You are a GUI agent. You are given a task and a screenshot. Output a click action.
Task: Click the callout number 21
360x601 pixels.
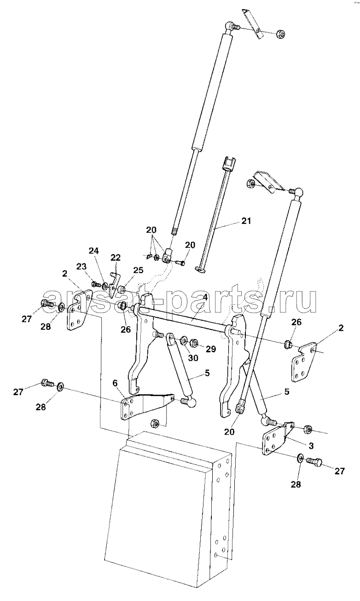pyautogui.click(x=246, y=221)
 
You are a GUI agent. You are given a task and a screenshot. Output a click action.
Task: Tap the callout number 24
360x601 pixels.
pyautogui.click(x=94, y=251)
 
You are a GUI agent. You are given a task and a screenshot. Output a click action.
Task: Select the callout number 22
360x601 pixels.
pyautogui.click(x=116, y=257)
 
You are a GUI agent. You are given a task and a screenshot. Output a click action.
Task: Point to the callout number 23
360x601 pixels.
pyautogui.click(x=81, y=267)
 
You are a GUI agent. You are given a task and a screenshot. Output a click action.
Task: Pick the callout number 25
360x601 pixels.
pyautogui.click(x=138, y=270)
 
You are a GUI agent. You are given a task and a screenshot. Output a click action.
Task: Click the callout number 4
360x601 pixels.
pyautogui.click(x=205, y=298)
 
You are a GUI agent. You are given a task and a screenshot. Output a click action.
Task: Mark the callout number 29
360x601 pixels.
pyautogui.click(x=210, y=349)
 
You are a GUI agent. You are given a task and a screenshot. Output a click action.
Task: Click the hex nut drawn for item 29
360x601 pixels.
pyautogui.click(x=194, y=343)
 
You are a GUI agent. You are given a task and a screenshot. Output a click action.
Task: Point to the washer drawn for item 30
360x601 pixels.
pyautogui.click(x=184, y=340)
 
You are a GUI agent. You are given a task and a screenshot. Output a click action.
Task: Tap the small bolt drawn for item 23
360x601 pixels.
pyautogui.click(x=95, y=284)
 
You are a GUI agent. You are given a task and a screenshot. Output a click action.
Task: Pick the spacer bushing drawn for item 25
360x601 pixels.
pyautogui.click(x=122, y=289)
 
